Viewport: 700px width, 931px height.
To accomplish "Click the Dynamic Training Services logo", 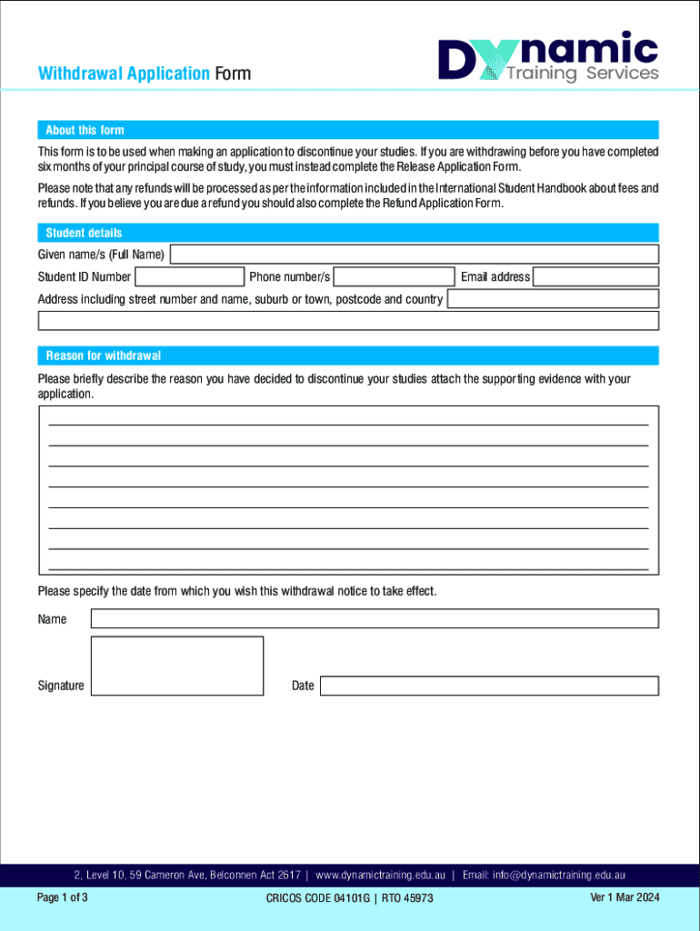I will (548, 57).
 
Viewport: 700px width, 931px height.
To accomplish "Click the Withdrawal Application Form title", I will (144, 74).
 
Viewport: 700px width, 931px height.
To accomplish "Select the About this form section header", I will (85, 130).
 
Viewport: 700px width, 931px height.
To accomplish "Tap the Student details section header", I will (84, 233).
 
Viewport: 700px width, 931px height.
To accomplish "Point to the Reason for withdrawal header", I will (103, 355).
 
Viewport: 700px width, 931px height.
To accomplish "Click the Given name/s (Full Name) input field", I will (414, 255).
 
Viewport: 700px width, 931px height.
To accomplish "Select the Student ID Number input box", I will (189, 276).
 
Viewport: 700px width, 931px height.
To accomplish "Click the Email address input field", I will (595, 276).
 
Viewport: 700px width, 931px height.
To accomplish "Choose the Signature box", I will (177, 666).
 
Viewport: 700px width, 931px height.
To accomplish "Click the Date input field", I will (489, 686).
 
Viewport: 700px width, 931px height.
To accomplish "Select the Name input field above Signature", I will (375, 619).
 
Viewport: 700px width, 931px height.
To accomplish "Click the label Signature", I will (61, 686).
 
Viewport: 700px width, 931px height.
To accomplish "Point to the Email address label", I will (495, 276).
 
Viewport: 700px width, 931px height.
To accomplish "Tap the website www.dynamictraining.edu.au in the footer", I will (380, 876).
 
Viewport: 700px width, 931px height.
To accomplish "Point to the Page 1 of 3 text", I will (62, 897).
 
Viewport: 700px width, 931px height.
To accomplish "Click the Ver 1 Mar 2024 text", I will (625, 897).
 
